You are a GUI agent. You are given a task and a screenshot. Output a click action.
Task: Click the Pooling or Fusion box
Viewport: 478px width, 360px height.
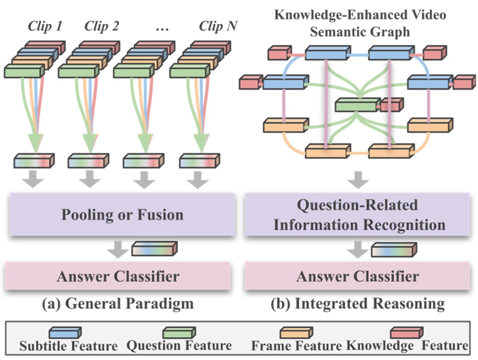pos(122,215)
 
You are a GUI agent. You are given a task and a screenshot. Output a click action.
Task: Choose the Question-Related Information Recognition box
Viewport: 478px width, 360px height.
pos(359,215)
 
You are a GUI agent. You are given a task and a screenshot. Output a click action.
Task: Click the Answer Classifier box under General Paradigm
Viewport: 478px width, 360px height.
pos(118,276)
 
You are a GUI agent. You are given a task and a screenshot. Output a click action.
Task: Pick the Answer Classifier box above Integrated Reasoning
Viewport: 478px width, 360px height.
pos(357,276)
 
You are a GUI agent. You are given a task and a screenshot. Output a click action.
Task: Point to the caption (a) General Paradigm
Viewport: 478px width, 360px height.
pos(118,303)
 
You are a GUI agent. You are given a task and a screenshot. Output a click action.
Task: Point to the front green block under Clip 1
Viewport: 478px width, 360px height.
pos(25,71)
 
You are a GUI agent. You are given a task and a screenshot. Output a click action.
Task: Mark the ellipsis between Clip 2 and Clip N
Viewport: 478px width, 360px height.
pos(161,26)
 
